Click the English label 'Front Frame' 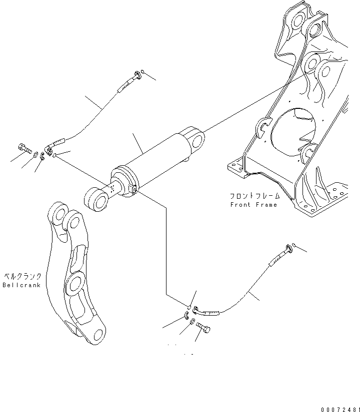point(253,205)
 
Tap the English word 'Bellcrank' point(21,285)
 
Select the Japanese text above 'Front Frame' point(253,196)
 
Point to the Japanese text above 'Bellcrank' point(22,276)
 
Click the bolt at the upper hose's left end point(24,148)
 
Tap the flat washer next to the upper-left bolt point(35,154)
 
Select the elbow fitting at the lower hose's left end point(198,311)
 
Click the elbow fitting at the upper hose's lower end point(50,149)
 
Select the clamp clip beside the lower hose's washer point(185,315)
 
